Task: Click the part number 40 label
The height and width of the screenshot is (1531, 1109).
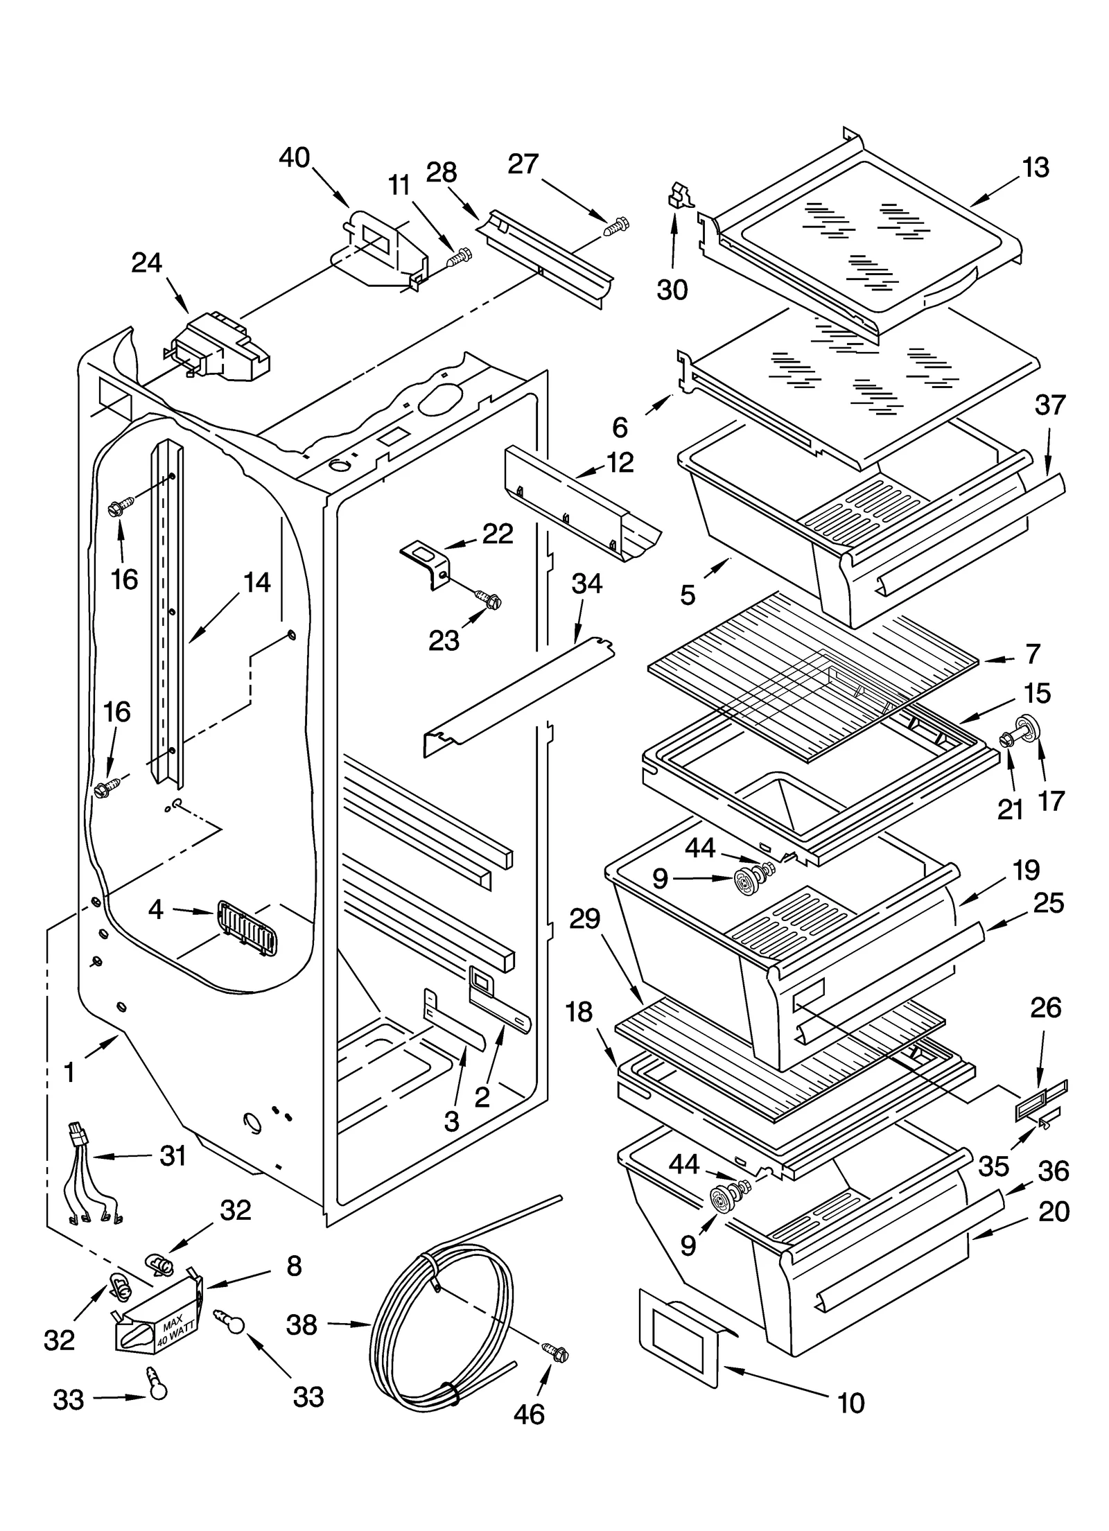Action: point(294,158)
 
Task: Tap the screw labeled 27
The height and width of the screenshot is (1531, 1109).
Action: point(615,227)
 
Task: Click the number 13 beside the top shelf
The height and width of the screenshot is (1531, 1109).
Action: point(1036,168)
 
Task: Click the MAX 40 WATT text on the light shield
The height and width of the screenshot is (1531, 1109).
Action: point(171,1333)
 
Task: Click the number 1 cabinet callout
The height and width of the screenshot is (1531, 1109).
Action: point(69,1073)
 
